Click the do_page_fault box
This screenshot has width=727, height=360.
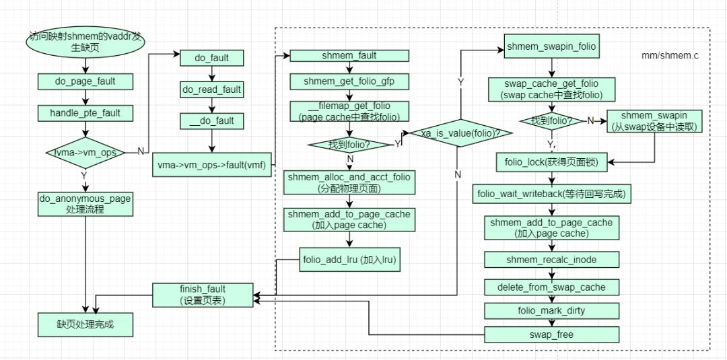[85, 81]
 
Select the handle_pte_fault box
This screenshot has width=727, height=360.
[85, 113]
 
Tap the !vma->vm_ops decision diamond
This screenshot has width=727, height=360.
[85, 153]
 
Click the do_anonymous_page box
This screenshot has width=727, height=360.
[85, 204]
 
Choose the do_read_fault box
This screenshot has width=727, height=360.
[212, 89]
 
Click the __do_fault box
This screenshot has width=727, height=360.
[212, 121]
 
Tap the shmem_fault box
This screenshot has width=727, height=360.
[349, 56]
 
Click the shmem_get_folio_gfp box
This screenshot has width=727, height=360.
[349, 81]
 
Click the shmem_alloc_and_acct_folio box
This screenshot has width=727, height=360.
[349, 182]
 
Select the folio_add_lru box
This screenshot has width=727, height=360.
[350, 258]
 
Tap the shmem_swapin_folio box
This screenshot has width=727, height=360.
[551, 48]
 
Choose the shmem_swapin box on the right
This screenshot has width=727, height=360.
[654, 121]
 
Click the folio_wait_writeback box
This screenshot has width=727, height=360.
[551, 194]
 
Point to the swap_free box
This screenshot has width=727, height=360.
[551, 333]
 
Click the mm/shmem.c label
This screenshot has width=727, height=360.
[669, 56]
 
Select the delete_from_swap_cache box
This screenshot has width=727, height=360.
[551, 287]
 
